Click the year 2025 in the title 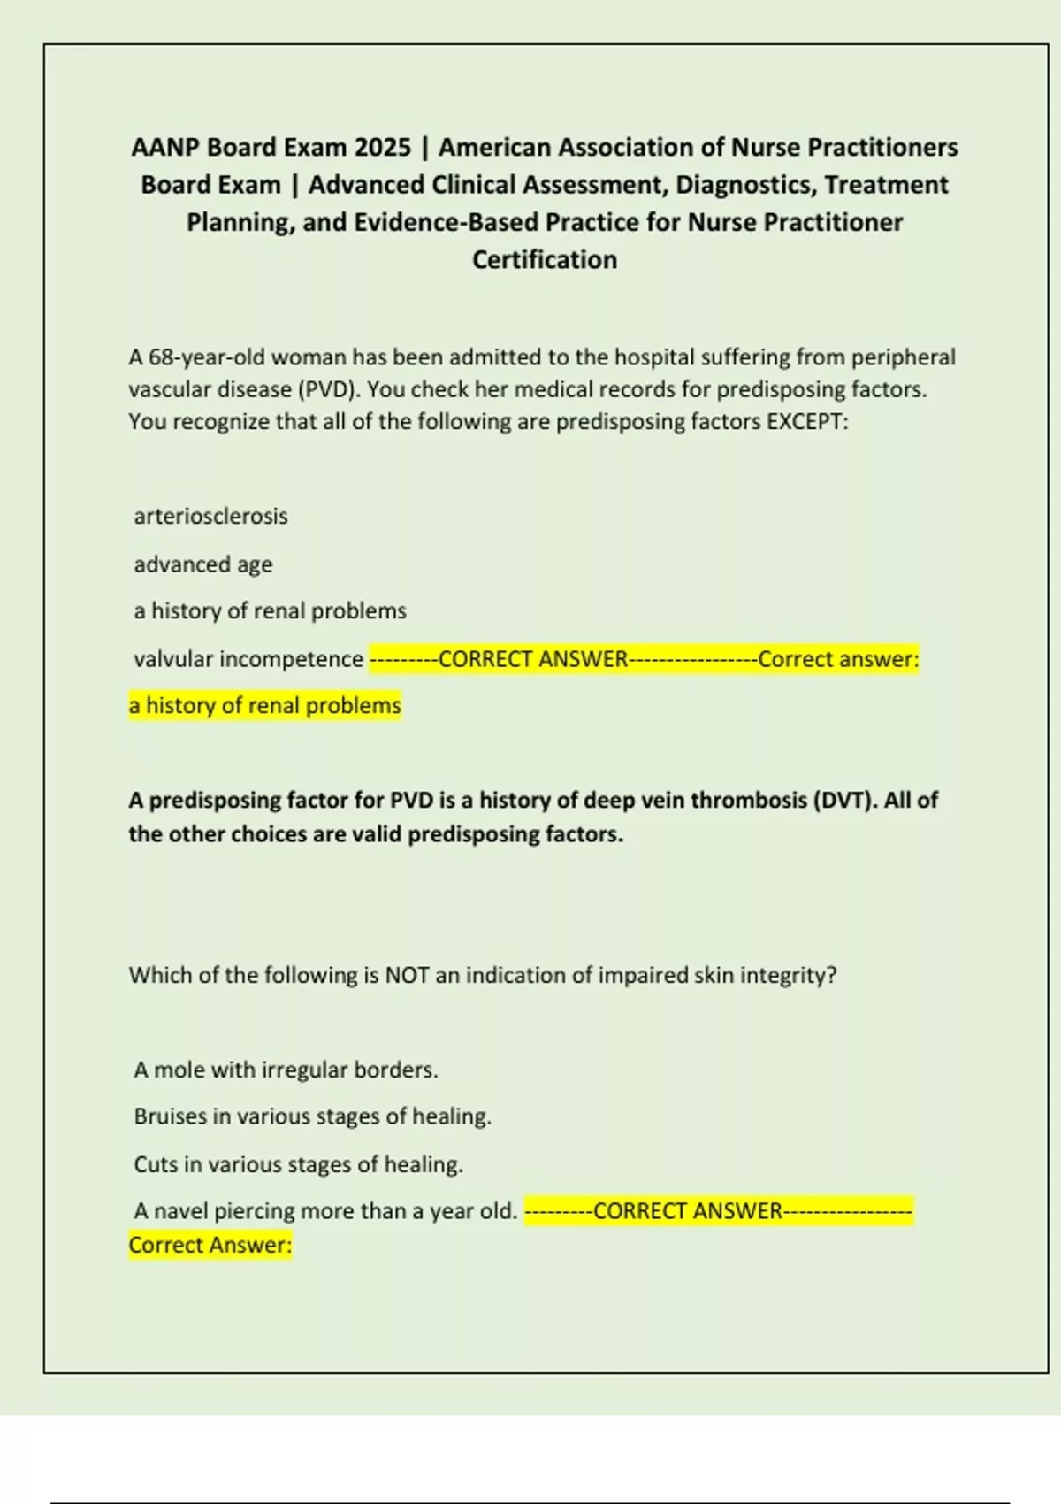382,147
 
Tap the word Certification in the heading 545,260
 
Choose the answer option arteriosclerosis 210,516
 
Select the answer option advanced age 203,564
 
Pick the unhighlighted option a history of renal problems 270,610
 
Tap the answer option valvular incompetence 248,659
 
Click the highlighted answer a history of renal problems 264,705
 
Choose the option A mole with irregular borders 286,1070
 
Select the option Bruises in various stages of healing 312,1116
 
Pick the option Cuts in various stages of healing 298,1164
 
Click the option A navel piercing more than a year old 325,1210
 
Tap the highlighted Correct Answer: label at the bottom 210,1245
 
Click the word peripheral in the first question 903,357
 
